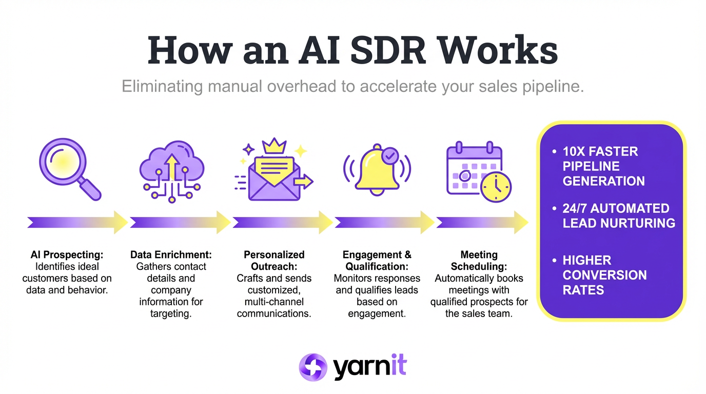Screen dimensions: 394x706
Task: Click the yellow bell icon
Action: [x=377, y=169]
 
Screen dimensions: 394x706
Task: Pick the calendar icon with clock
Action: [x=478, y=172]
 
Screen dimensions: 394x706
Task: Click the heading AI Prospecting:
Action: [x=67, y=255]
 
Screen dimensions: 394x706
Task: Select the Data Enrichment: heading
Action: [x=171, y=255]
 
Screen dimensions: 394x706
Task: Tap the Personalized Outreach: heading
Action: [x=274, y=261]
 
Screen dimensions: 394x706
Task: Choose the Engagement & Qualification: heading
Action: [x=377, y=261]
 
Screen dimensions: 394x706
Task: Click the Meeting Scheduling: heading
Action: [x=479, y=261]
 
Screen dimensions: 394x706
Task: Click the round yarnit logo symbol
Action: [x=312, y=367]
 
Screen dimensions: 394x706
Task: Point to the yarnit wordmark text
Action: [x=369, y=367]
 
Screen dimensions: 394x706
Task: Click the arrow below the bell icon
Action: [x=385, y=222]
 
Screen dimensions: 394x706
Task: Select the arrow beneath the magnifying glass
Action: [x=77, y=222]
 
